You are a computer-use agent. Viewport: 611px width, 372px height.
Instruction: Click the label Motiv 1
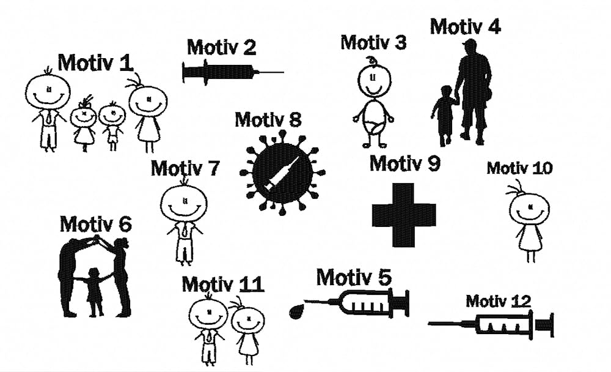tap(95, 62)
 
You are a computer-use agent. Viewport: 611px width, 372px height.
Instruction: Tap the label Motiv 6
tap(95, 225)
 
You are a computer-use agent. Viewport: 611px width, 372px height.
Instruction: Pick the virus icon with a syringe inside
tap(282, 173)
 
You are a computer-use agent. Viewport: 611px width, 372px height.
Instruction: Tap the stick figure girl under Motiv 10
tap(529, 220)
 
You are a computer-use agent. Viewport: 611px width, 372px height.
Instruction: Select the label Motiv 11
tap(222, 285)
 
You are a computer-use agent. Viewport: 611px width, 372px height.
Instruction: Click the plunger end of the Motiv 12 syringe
tap(548, 324)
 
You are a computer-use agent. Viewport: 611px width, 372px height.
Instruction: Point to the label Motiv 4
tap(465, 27)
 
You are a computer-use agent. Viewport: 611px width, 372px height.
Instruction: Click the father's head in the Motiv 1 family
tap(47, 92)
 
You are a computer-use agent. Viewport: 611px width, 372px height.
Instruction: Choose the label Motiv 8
tap(268, 119)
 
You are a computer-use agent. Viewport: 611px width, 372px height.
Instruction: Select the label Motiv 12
tap(498, 301)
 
